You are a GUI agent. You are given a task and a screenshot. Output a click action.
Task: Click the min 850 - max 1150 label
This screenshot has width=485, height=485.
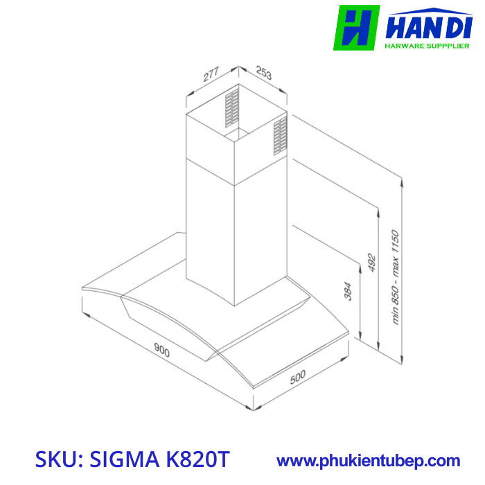point(396,276)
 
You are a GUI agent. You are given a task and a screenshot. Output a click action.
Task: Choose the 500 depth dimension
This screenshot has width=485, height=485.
point(298,378)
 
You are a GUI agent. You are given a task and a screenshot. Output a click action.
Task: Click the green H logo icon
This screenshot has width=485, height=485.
point(357,28)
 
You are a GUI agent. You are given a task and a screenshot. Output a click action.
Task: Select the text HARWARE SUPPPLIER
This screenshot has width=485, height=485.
point(425,46)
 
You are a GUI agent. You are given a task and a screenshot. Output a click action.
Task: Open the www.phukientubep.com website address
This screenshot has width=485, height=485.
point(368,460)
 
